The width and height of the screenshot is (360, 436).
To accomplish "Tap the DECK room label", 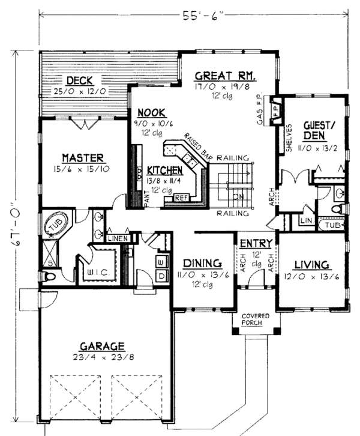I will [x=78, y=81].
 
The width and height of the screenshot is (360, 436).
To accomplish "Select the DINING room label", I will [x=201, y=263].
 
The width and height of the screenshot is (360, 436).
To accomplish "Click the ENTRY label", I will [x=256, y=244].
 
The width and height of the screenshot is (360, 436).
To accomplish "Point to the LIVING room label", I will [x=311, y=264].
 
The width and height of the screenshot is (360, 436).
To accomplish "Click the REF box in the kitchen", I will [x=180, y=197].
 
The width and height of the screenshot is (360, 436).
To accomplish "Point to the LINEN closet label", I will [x=118, y=239].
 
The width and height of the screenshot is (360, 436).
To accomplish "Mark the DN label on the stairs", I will [x=238, y=195].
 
